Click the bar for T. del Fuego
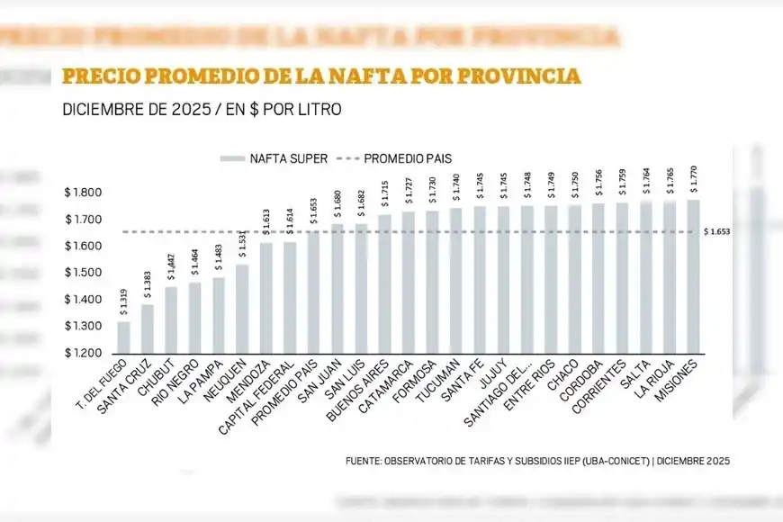click(x=123, y=337)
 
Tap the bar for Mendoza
click(x=265, y=298)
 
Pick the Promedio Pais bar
click(x=313, y=292)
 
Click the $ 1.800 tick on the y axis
click(x=83, y=193)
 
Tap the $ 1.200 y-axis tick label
click(x=83, y=353)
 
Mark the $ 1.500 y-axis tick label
click(x=83, y=273)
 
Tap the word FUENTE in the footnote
click(x=364, y=461)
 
